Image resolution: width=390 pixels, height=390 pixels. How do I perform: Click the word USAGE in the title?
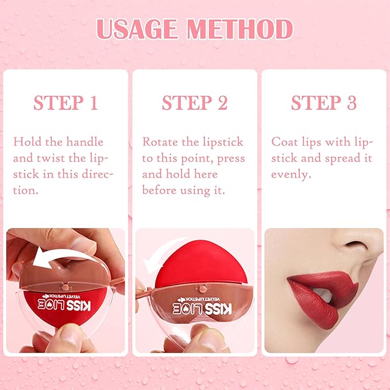click(x=137, y=29)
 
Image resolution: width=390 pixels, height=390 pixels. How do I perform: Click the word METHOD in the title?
click(x=240, y=29)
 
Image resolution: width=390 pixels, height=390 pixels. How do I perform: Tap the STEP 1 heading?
click(x=65, y=103)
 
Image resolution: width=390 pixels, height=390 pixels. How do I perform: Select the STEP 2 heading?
click(x=195, y=103)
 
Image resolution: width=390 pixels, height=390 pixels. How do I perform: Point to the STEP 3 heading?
click(x=324, y=103)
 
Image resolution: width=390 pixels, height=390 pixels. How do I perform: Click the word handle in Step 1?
click(x=85, y=142)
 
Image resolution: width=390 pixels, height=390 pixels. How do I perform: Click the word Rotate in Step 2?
click(x=160, y=142)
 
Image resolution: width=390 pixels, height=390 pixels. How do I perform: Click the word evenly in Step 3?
click(x=291, y=175)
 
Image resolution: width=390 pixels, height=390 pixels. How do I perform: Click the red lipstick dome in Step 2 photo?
click(x=201, y=264)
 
